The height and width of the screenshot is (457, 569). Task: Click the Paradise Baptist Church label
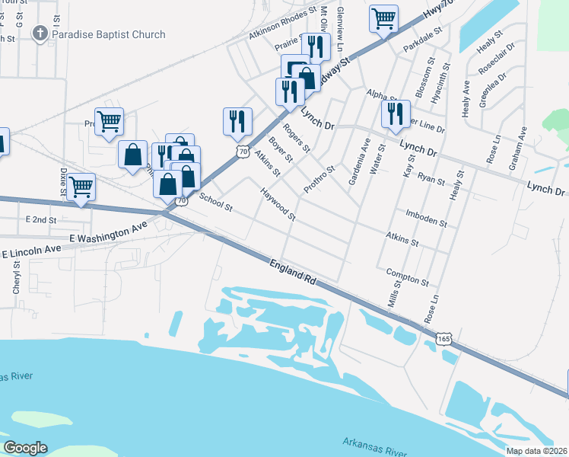tap(109, 34)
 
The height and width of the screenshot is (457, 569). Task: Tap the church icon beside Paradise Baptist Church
tap(40, 34)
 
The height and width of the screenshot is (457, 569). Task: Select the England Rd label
tap(292, 272)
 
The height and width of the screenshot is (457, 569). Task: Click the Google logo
tap(25, 447)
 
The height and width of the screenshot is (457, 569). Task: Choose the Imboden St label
tap(426, 219)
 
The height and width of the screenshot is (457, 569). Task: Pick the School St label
tap(215, 202)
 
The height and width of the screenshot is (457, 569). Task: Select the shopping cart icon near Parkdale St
tap(384, 18)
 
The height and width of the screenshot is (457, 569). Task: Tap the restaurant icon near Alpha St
tap(395, 113)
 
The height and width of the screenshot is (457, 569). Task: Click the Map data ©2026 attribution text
tap(536, 451)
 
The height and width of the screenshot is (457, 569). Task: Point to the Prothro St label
tap(319, 180)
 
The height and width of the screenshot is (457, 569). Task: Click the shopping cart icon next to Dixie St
tap(81, 185)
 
